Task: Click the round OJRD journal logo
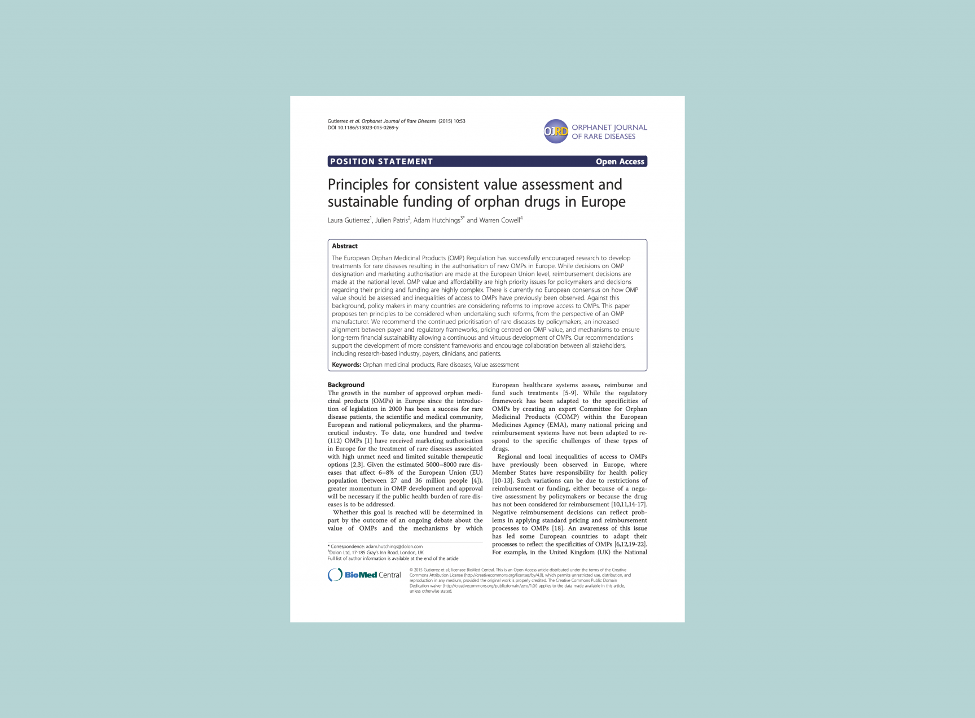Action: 556,132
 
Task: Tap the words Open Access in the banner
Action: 620,161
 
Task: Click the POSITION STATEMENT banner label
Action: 381,161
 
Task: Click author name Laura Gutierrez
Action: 348,220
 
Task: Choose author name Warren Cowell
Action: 499,220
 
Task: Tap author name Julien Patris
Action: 392,220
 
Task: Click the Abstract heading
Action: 345,246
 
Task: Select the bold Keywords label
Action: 346,365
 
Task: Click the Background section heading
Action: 346,385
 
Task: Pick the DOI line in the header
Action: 363,128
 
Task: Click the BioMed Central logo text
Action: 372,575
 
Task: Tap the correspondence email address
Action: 394,546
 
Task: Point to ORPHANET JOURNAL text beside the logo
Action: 609,128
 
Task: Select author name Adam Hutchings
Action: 437,220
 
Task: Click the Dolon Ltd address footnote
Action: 376,553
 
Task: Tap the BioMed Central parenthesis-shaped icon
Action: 335,575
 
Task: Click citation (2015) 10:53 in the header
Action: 452,121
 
